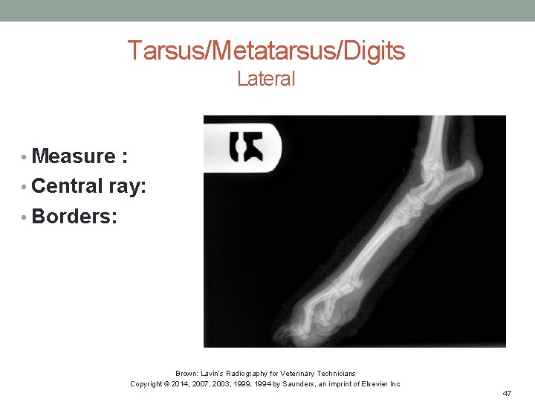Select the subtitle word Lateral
coord(266,78)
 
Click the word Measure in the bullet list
coord(74,156)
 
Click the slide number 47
coord(507,392)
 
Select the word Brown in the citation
coord(185,373)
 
